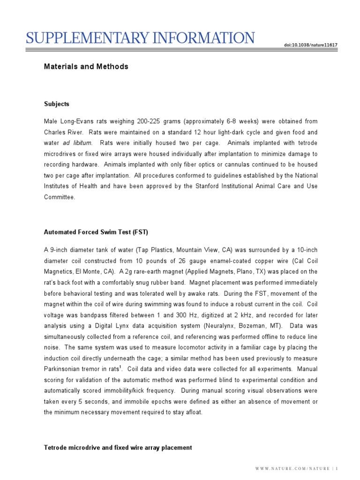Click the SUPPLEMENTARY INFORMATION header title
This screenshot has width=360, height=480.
point(140,37)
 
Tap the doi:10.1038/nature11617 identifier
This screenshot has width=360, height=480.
point(310,45)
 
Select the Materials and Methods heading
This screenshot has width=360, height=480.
point(86,67)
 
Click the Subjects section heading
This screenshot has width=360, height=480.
point(57,104)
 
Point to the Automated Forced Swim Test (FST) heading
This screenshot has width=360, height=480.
point(96,232)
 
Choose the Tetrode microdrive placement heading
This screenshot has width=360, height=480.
point(118,448)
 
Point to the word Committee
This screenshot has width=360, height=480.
point(59,197)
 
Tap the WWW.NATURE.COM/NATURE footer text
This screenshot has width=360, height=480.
point(292,469)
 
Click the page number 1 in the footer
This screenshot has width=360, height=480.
point(336,469)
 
